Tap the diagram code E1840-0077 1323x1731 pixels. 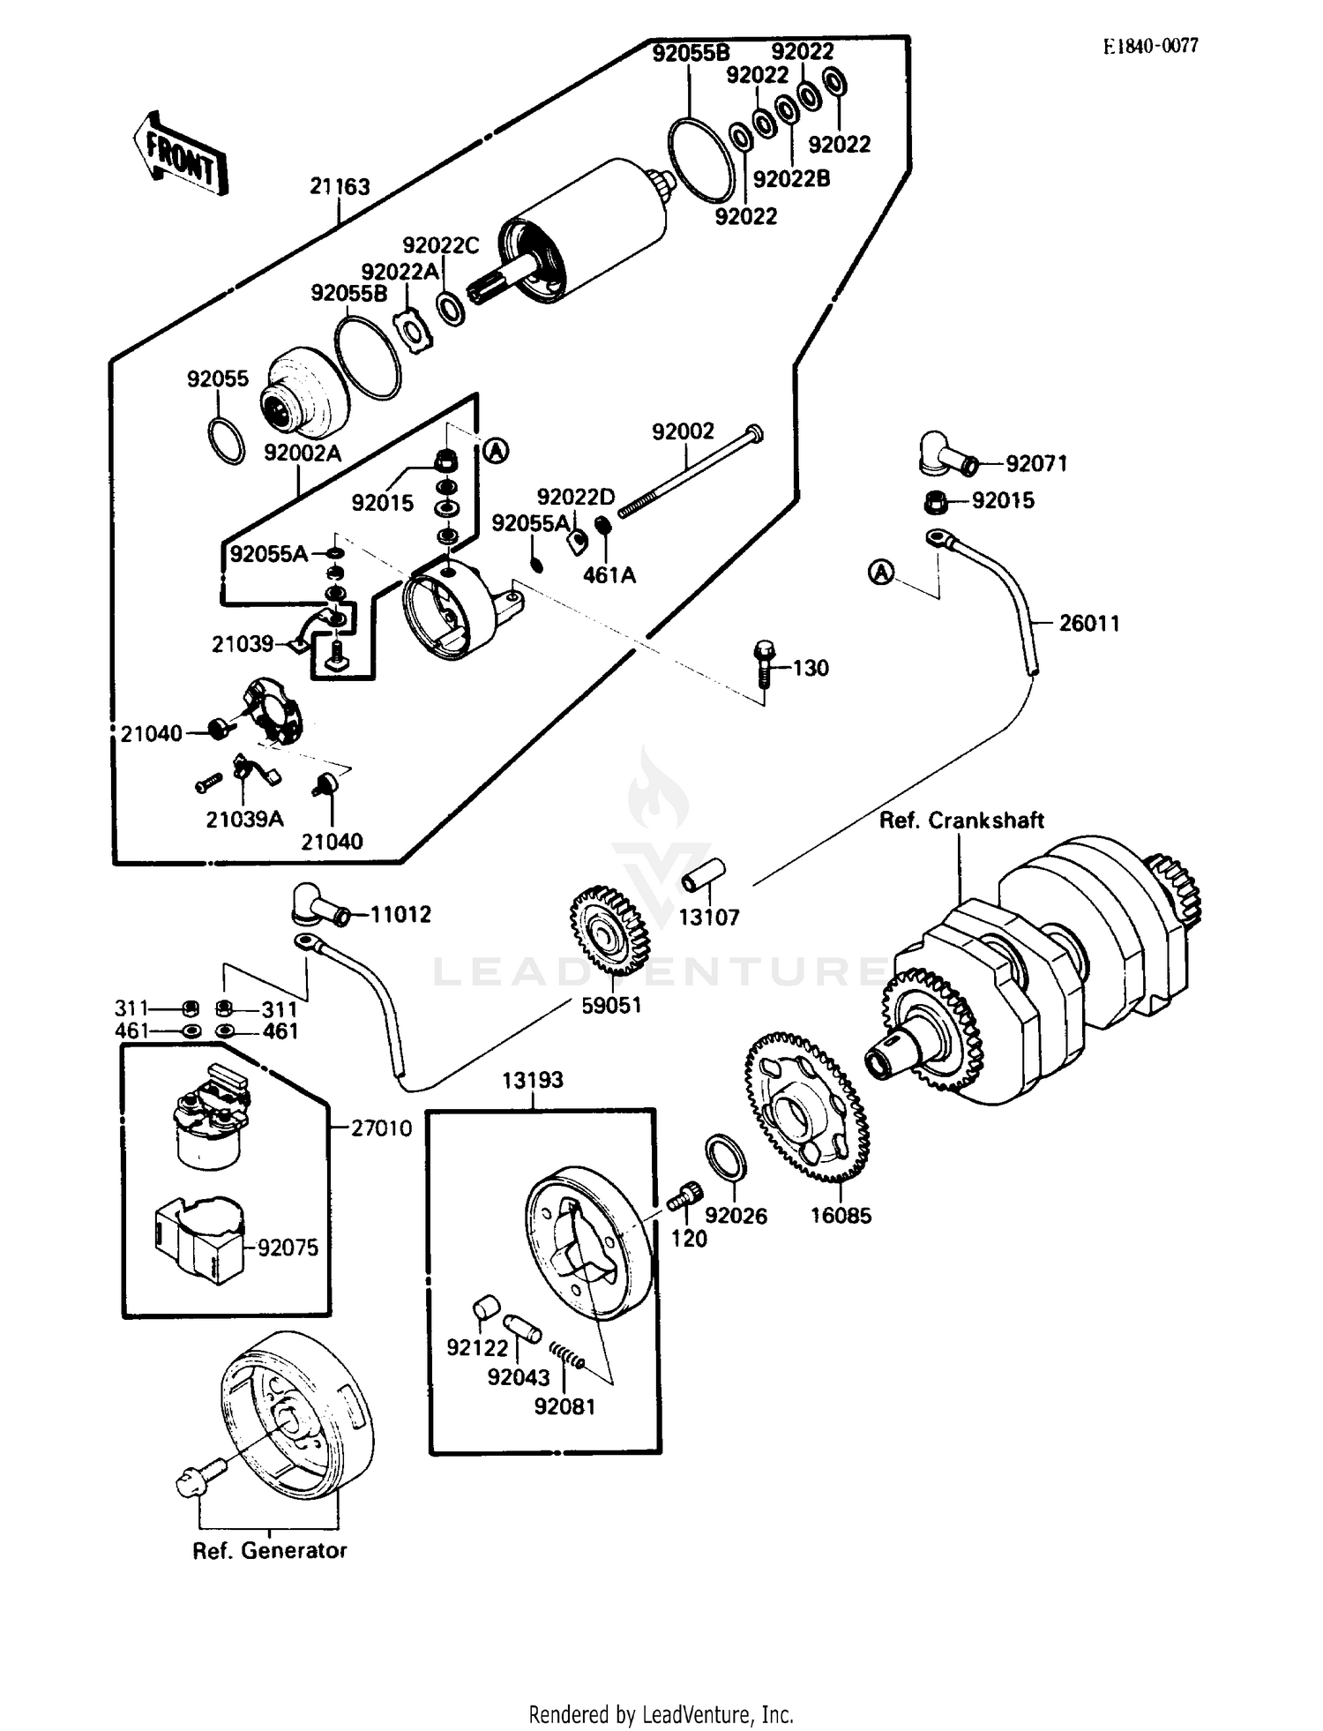pyautogui.click(x=1150, y=47)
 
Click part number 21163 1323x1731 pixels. pyautogui.click(x=340, y=186)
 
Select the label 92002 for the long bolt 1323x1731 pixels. pyautogui.click(x=683, y=431)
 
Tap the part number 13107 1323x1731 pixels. pyautogui.click(x=708, y=918)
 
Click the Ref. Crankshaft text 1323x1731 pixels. pyautogui.click(x=961, y=821)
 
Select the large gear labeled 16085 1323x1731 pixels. pyautogui.click(x=807, y=1108)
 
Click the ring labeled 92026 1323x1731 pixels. pyautogui.click(x=727, y=1157)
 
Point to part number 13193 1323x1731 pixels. pyautogui.click(x=533, y=1080)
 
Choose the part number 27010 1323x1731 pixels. pyautogui.click(x=381, y=1128)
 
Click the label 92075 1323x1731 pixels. pyautogui.click(x=288, y=1248)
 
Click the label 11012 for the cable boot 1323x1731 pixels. pyautogui.click(x=400, y=915)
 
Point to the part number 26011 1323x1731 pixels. pyautogui.click(x=1088, y=623)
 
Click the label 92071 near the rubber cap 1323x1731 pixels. pyautogui.click(x=1036, y=463)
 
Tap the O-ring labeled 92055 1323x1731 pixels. pyautogui.click(x=227, y=440)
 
